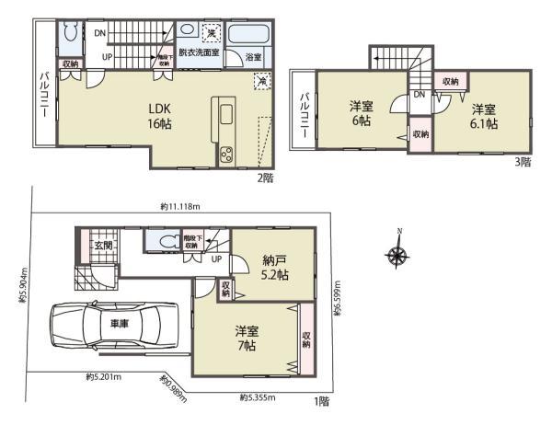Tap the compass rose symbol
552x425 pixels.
397,255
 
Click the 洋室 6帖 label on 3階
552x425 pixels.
360,112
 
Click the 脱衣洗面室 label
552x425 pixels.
198,54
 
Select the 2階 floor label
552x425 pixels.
267,178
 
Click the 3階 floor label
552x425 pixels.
523,161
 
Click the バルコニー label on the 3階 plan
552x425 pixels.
302,116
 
